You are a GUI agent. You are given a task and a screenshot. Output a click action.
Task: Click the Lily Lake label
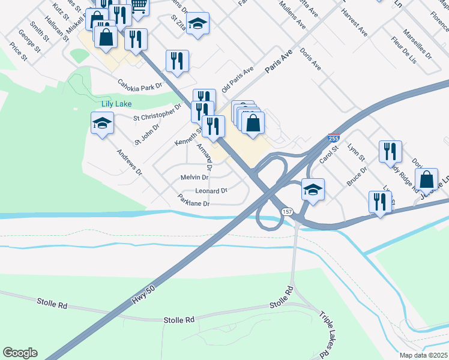coord(116,103)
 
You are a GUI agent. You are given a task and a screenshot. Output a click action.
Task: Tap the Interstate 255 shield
coord(334,139)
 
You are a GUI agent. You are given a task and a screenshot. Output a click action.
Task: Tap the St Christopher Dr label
coord(157,113)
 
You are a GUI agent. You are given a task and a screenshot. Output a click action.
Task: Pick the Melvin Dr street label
coord(194,178)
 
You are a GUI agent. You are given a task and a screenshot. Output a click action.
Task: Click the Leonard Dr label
coord(211,191)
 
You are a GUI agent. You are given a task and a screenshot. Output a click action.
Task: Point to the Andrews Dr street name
coord(129,163)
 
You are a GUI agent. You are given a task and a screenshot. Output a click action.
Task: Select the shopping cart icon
coord(139,5)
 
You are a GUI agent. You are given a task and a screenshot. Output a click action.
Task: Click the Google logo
coord(20,353)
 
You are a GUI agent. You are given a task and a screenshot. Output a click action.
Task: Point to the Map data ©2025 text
coord(423,355)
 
